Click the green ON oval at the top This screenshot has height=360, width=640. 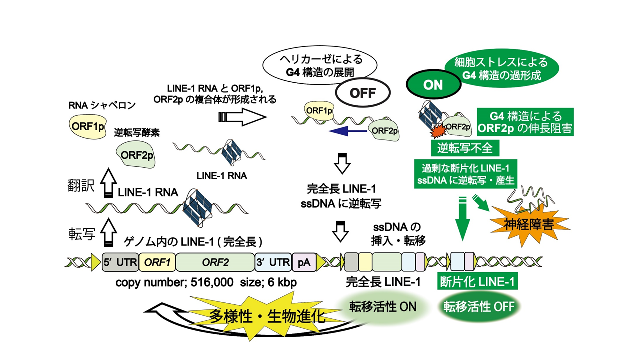432,85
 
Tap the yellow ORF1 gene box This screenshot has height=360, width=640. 157,262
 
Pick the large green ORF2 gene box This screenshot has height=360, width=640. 215,262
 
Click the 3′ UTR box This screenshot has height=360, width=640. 273,262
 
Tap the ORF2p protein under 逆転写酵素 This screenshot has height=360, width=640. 135,154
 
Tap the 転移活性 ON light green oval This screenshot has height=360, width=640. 380,306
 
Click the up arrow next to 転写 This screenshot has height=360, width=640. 108,234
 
